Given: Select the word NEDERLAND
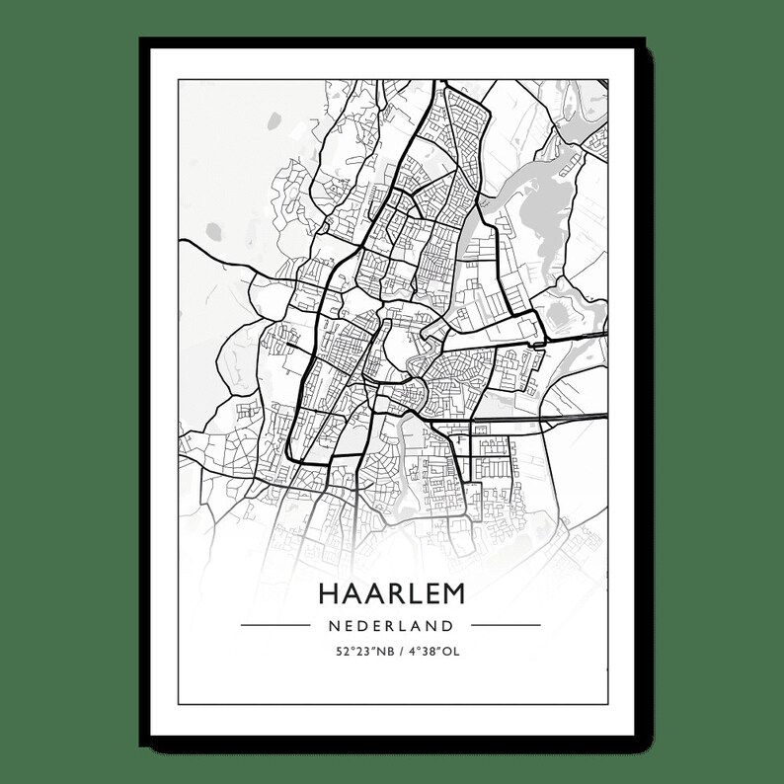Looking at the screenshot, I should (391, 625).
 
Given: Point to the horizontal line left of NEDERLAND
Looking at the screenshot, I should (275, 625).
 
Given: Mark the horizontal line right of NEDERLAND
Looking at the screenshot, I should (506, 625).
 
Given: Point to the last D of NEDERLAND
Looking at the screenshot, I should (449, 625).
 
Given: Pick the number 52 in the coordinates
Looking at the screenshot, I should (340, 652).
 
